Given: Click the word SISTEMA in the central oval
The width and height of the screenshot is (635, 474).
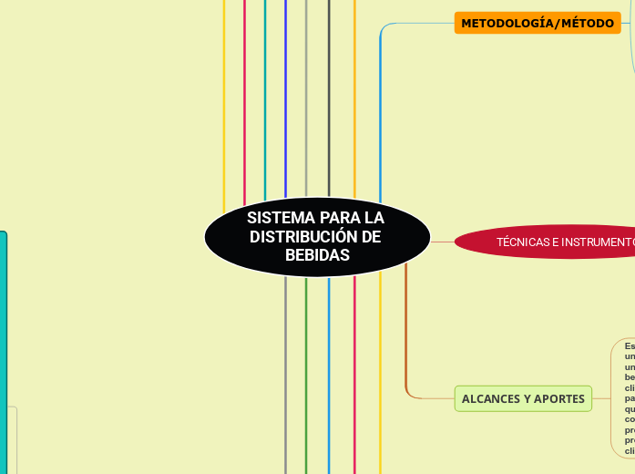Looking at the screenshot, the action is [x=275, y=219].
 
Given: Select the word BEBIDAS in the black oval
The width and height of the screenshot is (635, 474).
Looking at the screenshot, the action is [x=317, y=255].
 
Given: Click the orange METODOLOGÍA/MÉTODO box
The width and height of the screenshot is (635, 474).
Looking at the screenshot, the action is [x=538, y=23].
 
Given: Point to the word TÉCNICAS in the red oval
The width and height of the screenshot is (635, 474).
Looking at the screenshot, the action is [x=524, y=242].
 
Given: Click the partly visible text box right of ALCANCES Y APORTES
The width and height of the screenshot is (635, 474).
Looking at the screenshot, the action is [x=625, y=397].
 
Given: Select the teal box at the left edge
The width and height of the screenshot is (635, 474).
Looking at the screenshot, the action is [x=3, y=351].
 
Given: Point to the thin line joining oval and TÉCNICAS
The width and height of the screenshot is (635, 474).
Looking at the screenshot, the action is [x=442, y=242].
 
